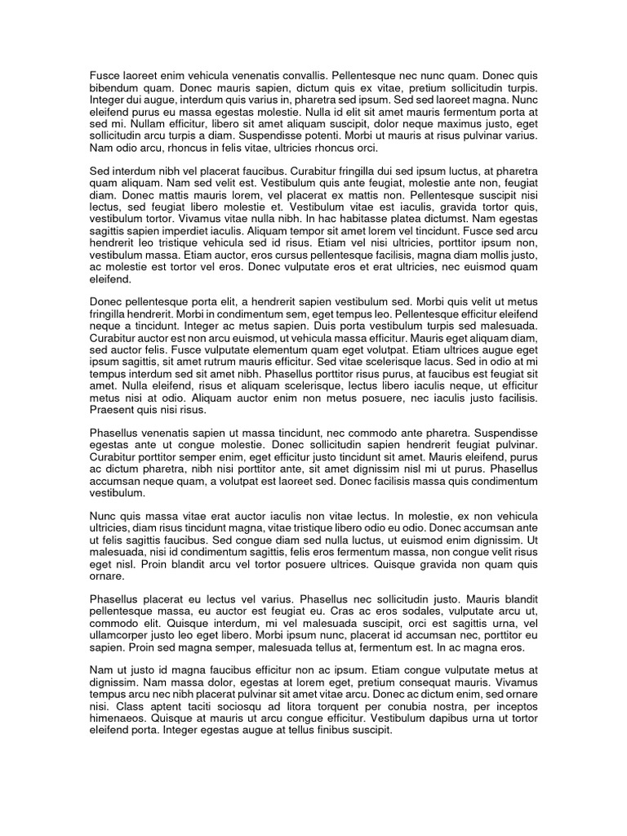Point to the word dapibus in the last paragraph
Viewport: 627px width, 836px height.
[456, 718]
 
